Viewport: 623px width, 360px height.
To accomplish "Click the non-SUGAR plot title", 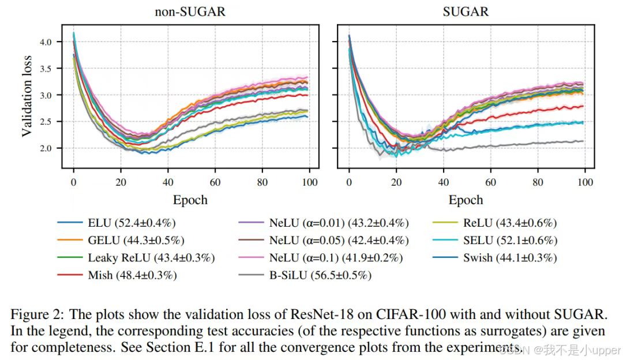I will click(x=190, y=12).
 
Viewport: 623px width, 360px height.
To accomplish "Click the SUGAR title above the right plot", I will click(x=466, y=12).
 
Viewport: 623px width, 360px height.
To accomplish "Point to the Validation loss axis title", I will click(x=27, y=96).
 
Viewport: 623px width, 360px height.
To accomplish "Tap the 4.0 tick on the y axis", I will click(x=46, y=42).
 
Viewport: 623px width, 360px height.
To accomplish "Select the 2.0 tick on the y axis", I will click(x=46, y=148).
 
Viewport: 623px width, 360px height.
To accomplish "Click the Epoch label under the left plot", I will click(x=190, y=200).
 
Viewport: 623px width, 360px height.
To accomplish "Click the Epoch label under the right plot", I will click(x=466, y=200).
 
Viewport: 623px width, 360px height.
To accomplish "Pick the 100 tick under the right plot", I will click(x=585, y=182).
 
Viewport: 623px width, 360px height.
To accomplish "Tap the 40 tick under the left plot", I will click(x=168, y=182).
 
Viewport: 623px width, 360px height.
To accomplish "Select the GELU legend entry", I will click(x=136, y=241).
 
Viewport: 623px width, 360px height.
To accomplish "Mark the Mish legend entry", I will click(x=132, y=275).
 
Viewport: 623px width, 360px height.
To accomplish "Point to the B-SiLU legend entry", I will click(x=320, y=275).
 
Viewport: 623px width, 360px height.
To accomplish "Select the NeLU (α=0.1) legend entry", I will click(x=335, y=258).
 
